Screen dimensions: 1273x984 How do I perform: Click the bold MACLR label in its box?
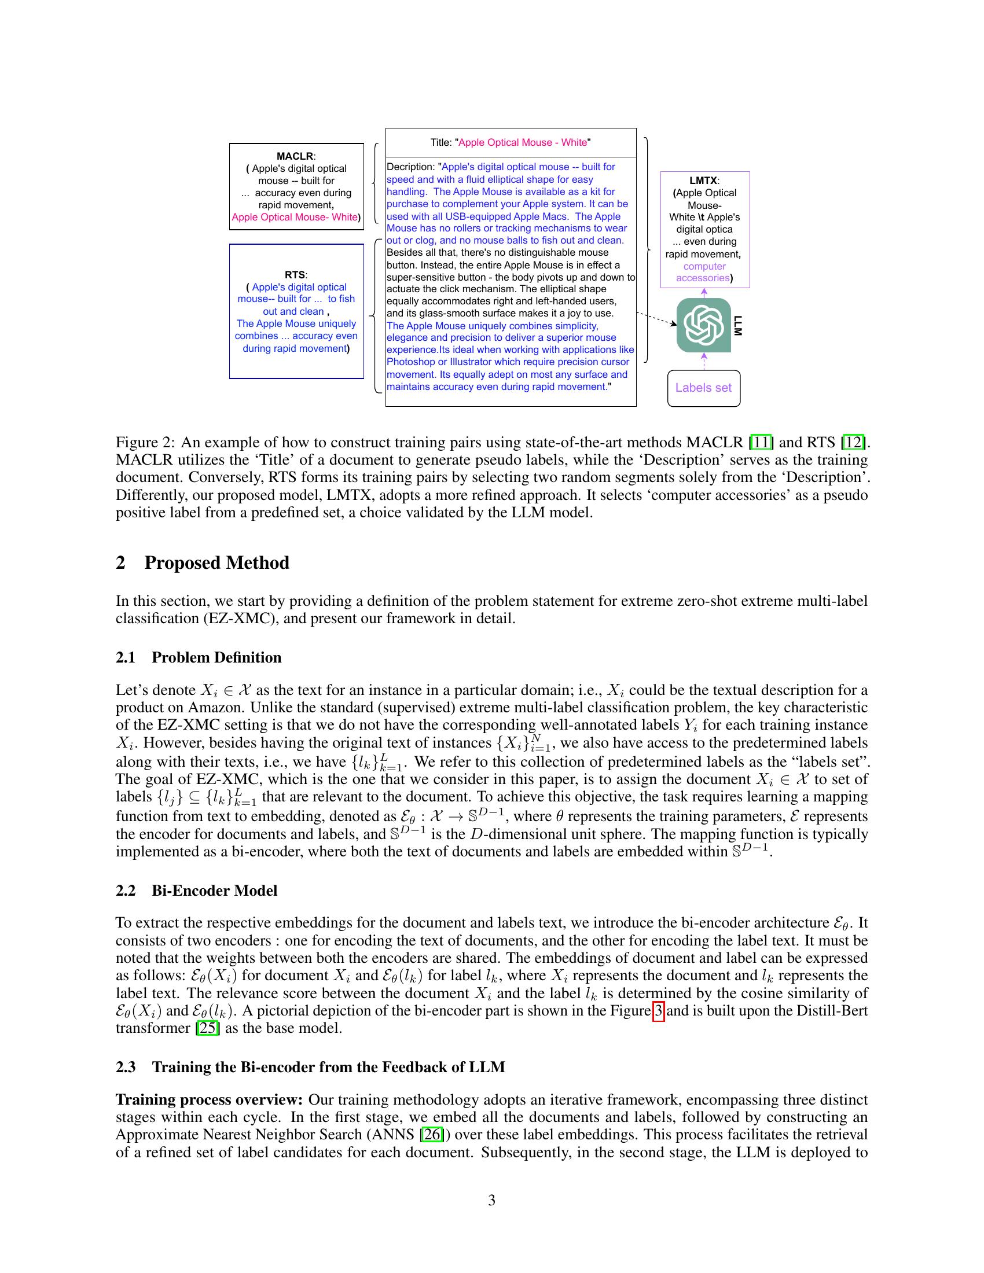coord(295,156)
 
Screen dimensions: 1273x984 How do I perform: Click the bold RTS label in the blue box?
coord(295,274)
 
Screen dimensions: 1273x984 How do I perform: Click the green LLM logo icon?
coord(703,325)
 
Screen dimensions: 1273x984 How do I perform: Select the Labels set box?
coord(703,388)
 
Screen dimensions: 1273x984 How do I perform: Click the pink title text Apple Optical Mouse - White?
coord(522,142)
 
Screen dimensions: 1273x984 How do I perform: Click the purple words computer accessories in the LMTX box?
coord(704,272)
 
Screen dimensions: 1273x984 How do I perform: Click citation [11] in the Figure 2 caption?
coord(761,443)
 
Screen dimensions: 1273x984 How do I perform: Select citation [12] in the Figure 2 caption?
coord(853,443)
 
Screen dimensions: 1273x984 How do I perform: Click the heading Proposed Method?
coord(216,563)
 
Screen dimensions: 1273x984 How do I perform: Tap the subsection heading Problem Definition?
coord(216,657)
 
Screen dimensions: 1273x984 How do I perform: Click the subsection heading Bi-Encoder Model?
coord(214,891)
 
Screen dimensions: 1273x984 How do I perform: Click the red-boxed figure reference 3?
coord(658,1011)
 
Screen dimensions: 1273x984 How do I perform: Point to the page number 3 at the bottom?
coord(491,1200)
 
